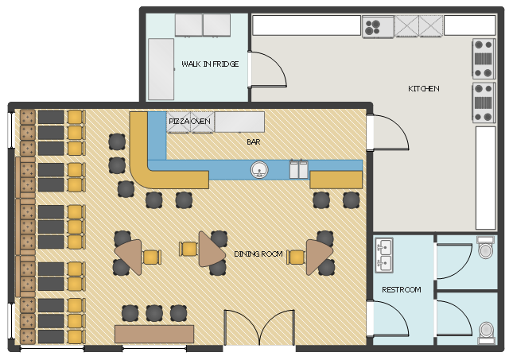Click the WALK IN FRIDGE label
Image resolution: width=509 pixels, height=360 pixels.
pos(210,64)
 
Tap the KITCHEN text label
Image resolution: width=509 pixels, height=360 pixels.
pos(424,88)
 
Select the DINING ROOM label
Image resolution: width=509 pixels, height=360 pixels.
pos(258,254)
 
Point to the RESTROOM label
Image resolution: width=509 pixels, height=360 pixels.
pos(401,289)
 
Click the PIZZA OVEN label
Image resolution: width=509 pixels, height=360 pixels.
pos(189,121)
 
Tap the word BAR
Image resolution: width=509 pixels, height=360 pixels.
pos(254,141)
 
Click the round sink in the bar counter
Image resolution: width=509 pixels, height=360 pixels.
pos(259,169)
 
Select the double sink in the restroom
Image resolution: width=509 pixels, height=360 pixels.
pos(384,255)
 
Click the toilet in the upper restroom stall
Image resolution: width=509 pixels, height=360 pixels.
pos(485,247)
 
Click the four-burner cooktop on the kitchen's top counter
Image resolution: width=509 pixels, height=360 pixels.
pos(372,27)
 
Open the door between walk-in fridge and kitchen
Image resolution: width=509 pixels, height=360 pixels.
pos(267,69)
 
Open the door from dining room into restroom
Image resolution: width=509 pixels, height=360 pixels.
pos(387,319)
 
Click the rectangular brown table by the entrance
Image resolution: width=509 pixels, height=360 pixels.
pos(154,334)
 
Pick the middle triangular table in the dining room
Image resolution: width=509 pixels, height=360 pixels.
pos(210,250)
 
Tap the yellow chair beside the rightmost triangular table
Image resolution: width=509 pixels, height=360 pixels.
pos(296,257)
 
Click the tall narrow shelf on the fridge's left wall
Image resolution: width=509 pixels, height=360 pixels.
pos(161,69)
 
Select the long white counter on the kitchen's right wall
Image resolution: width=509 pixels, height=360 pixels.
pos(486,178)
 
